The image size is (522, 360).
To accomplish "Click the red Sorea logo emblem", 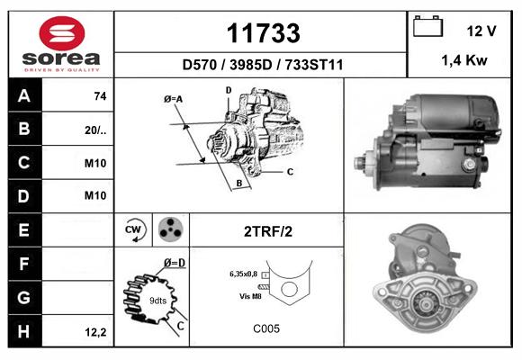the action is coord(62,33).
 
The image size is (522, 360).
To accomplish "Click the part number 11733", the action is coord(263,33).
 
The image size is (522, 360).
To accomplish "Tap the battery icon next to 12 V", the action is coord(427,26).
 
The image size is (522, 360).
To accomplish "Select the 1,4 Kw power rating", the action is coord(464,60).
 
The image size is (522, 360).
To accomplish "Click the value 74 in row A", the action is coord(100,96).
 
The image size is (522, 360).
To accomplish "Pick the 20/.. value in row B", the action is coord(95,130).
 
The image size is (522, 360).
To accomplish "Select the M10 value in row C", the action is coord(95,163).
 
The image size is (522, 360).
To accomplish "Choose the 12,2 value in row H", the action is coord(96,332).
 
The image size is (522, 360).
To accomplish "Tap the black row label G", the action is coord(24,297).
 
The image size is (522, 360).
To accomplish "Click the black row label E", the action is coord(24,229).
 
